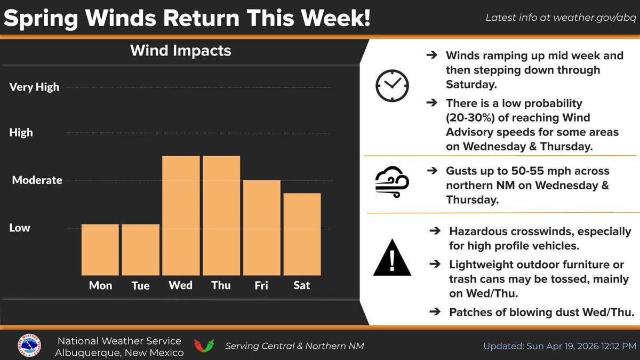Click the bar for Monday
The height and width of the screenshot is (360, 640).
pos(100,250)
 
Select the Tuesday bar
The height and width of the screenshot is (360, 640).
pos(140,250)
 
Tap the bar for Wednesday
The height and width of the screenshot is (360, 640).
pos(181,215)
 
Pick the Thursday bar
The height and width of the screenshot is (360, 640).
pos(221,215)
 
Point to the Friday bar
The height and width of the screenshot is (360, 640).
pos(261,228)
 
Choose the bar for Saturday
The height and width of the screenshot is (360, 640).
pos(302,234)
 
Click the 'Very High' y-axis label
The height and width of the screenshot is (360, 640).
pos(34,87)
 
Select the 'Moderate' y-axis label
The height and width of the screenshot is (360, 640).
pos(37,180)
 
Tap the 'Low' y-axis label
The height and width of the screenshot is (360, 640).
pos(20,228)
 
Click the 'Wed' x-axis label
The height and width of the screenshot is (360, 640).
pos(181,285)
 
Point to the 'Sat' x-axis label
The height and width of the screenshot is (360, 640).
pos(302,285)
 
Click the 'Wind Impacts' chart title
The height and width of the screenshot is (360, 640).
pos(181,51)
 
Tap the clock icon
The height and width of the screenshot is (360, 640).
pos(392,85)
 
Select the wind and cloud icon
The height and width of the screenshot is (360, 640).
pos(392,182)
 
